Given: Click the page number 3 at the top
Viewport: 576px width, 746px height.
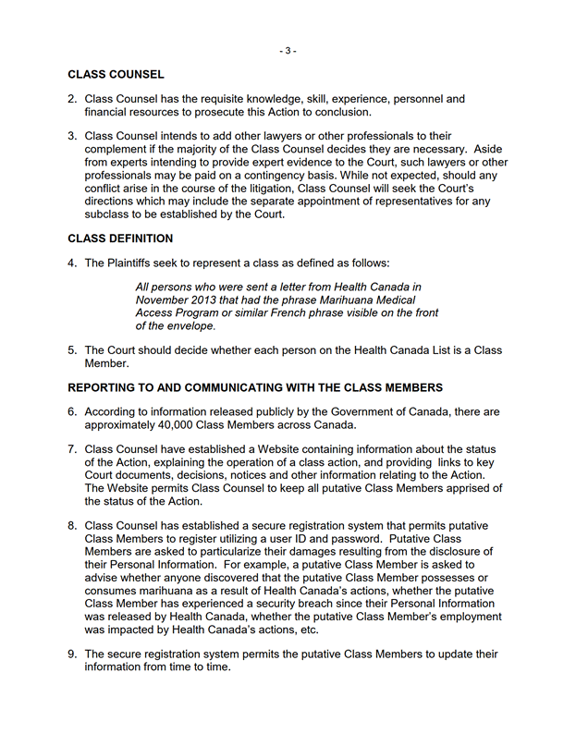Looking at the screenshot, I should pos(288,51).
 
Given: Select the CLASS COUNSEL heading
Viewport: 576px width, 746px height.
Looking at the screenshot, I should pos(116,74).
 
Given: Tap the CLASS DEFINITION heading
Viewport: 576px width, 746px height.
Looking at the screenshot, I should pos(120,238).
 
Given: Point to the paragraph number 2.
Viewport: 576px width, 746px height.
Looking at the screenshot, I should pos(72,99).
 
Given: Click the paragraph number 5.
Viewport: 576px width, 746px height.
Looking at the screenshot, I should pos(72,350).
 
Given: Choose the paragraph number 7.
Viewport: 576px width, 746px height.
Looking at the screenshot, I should pos(72,449).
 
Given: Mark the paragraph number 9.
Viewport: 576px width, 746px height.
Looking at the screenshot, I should pos(72,654).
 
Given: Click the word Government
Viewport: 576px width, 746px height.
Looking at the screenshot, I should pos(381,410).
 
